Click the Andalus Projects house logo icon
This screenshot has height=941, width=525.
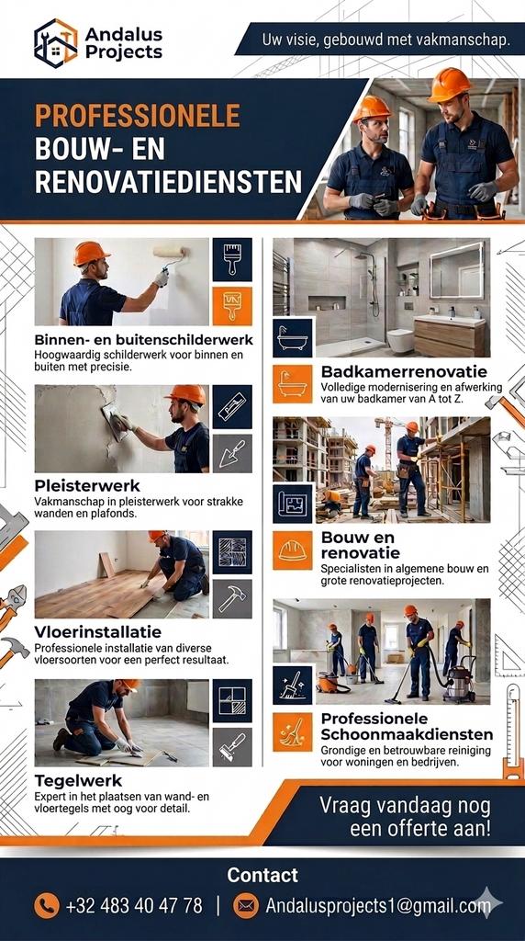[55, 43]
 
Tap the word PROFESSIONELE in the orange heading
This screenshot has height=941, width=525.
[137, 116]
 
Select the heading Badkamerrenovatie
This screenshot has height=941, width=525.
[404, 371]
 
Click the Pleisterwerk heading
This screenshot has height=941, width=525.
[87, 485]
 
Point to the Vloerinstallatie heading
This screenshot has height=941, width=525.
[97, 631]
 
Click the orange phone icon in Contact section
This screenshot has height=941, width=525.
[47, 905]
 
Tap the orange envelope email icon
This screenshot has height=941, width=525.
[245, 905]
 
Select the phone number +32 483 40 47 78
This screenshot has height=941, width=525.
[134, 906]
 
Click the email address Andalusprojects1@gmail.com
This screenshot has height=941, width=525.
[376, 906]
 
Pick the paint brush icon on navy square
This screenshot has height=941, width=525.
[232, 259]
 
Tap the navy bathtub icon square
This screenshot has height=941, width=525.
[293, 336]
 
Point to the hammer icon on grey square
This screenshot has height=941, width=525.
[232, 599]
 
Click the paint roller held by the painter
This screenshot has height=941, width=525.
[172, 252]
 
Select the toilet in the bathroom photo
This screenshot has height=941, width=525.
[400, 340]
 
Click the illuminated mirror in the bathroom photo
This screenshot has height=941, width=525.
[456, 270]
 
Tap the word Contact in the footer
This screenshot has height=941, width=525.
[262, 875]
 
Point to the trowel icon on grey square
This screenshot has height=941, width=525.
[232, 453]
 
